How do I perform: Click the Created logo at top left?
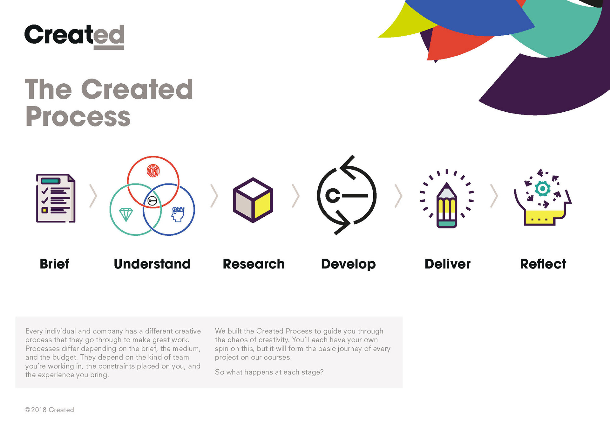point(74,36)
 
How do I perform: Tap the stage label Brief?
point(54,264)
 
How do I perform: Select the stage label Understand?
point(152,264)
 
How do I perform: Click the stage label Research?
point(254,264)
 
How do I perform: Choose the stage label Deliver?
point(448,264)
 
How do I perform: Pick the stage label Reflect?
point(543,264)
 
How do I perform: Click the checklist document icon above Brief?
point(56,198)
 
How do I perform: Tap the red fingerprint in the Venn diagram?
point(153,171)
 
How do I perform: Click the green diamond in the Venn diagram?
point(126,214)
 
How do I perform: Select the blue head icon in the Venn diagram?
point(178,214)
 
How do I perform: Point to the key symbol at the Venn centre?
point(152,201)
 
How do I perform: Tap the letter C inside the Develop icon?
point(333,196)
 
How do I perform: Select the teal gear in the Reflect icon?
point(543,189)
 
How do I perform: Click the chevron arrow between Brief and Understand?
point(93,196)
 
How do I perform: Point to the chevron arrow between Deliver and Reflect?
point(494,196)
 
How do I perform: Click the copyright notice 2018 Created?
point(49,410)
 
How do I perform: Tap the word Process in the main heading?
point(78,116)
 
